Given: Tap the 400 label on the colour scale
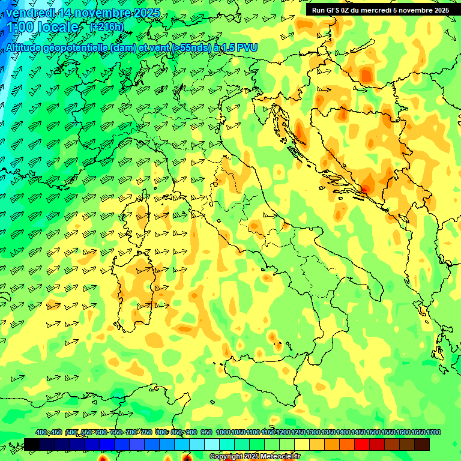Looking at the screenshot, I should [x=41, y=433].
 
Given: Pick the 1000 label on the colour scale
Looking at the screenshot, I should [x=223, y=433].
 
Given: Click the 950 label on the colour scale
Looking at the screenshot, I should [x=206, y=433].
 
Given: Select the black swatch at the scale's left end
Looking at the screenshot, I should [x=31, y=444].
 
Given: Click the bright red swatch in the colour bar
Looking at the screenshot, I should [x=361, y=444].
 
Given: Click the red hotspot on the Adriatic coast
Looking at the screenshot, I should [x=362, y=190].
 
